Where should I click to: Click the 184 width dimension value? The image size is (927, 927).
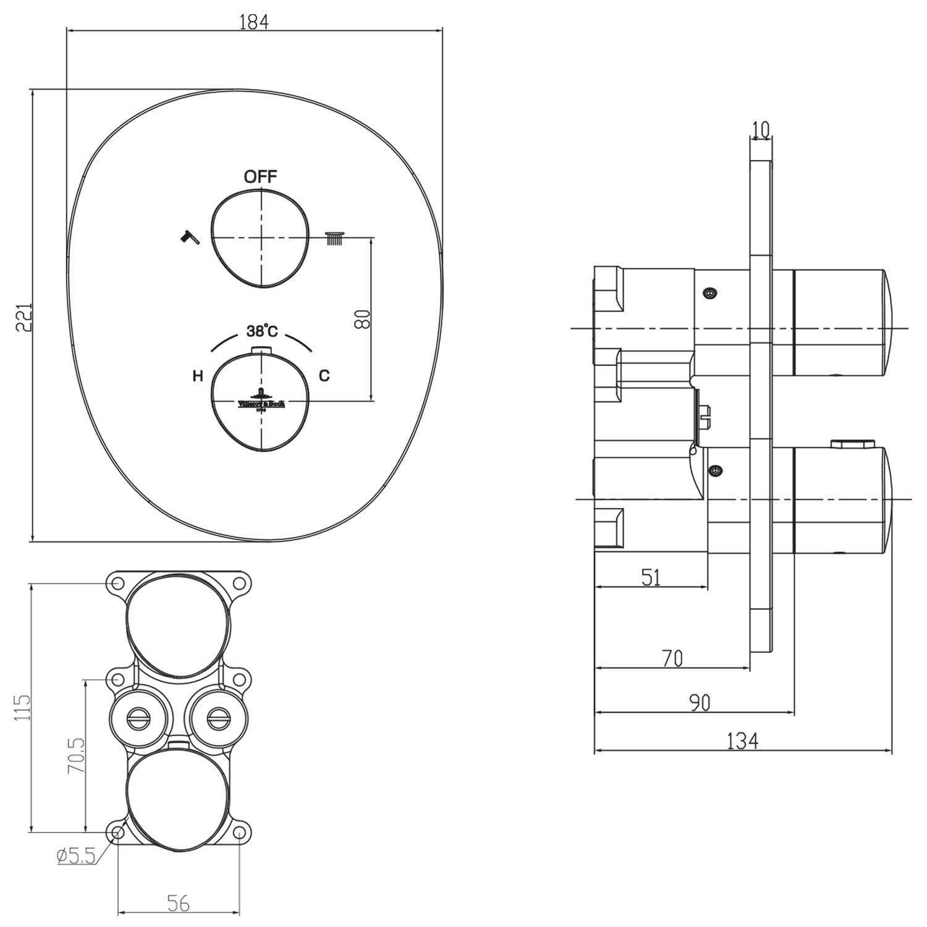coord(254,22)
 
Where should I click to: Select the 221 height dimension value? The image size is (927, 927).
coord(23,317)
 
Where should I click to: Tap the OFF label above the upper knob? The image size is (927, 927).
coord(260,177)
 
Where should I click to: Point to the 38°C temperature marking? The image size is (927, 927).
coord(262,331)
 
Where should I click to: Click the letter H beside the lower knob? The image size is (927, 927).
coord(198,376)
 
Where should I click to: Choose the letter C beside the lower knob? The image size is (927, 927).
coord(324,375)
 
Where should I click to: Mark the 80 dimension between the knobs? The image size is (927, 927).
coord(363,319)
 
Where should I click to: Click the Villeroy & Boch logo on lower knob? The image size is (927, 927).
coord(261,400)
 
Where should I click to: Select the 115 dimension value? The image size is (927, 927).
coord(23,708)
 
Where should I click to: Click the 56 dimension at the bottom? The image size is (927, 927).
coord(178,904)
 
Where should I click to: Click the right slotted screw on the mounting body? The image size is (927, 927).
coord(217,718)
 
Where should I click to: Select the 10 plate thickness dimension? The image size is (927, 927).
coord(761,130)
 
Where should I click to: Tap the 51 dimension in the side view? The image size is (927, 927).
coord(651,577)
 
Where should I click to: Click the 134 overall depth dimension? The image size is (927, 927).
coord(742,740)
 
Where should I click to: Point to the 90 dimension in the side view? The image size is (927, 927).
coord(699,703)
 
